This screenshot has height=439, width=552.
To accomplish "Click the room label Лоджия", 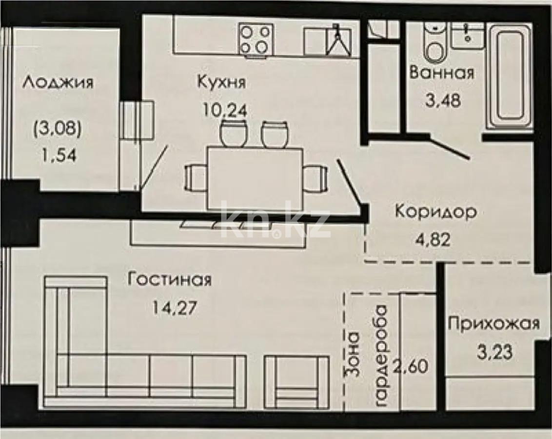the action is pyautogui.click(x=58, y=84).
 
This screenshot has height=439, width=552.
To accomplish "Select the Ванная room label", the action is pyautogui.click(x=442, y=73).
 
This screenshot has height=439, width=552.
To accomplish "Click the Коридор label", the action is pyautogui.click(x=436, y=212).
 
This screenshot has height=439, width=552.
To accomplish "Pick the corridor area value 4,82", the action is pyautogui.click(x=433, y=240).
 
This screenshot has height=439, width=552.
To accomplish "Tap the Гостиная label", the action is pyautogui.click(x=169, y=280).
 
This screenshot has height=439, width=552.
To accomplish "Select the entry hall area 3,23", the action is pyautogui.click(x=494, y=352).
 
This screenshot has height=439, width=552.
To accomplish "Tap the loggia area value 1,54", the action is pyautogui.click(x=59, y=155).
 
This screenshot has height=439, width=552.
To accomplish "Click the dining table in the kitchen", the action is pyautogui.click(x=255, y=179).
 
